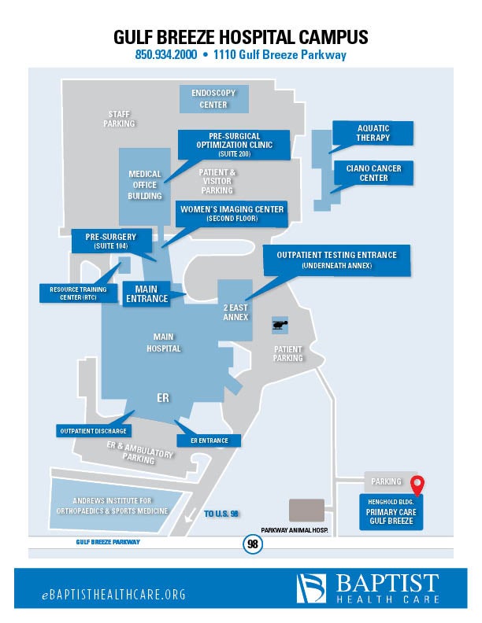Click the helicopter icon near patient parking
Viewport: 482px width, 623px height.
[x=280, y=323]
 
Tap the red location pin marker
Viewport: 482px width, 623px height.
[x=418, y=485]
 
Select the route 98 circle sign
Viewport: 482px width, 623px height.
[x=252, y=544]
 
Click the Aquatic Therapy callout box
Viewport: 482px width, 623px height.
[x=373, y=133]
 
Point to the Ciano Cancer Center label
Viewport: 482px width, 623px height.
[x=373, y=173]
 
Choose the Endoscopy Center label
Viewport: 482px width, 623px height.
[x=213, y=99]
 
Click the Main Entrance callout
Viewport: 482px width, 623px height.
[x=147, y=293]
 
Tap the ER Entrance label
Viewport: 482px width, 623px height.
[x=209, y=441]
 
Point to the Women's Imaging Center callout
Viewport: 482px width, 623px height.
[x=232, y=213]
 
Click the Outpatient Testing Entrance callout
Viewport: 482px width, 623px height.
[x=336, y=260]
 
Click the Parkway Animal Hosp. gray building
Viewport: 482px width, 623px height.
[x=307, y=510]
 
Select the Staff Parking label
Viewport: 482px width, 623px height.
[x=120, y=119]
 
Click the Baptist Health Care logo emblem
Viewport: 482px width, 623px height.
[x=311, y=588]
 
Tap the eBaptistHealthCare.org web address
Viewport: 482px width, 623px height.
[x=113, y=595]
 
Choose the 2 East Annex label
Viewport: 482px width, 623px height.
[x=235, y=312]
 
